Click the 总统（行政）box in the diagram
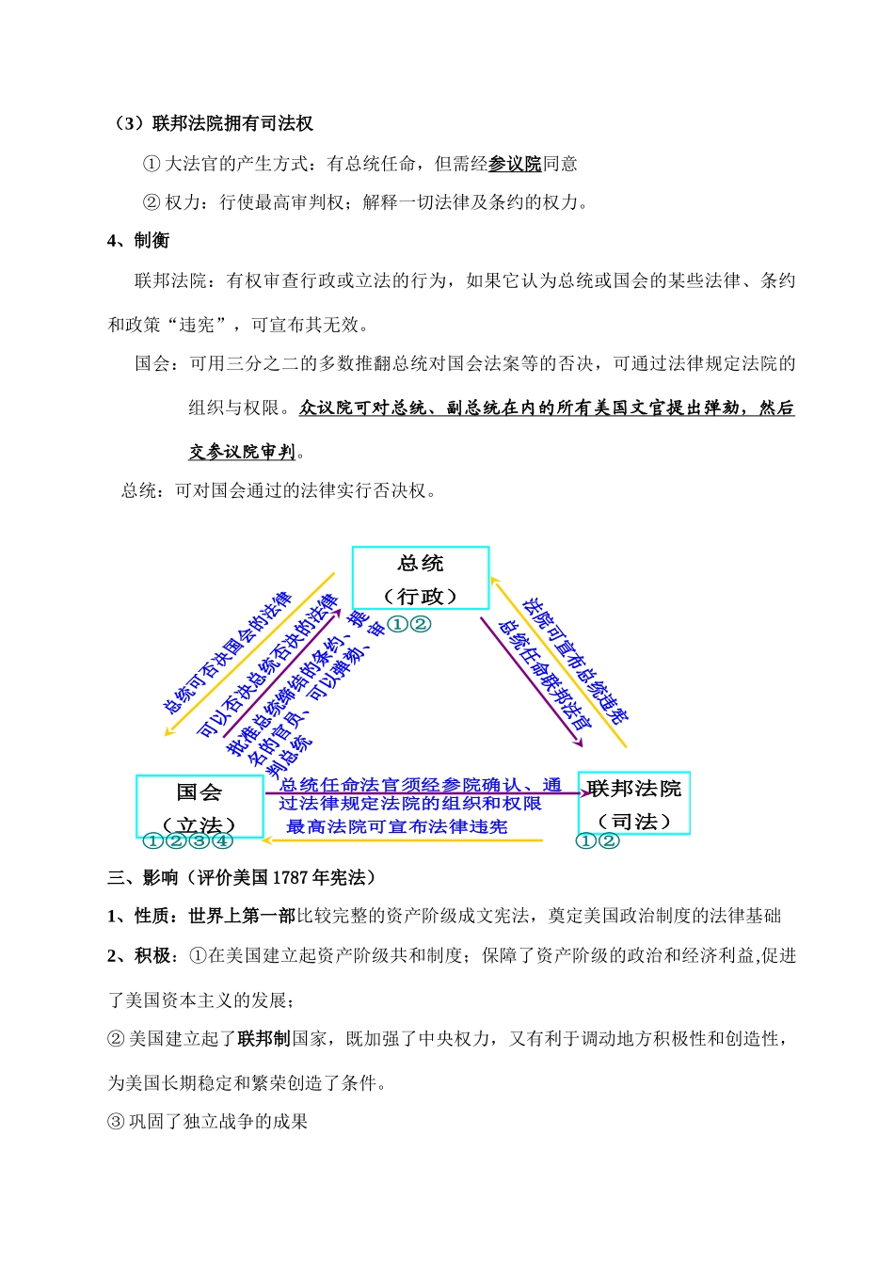click(x=421, y=579)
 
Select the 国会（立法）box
click(x=200, y=806)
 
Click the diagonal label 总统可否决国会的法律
click(x=228, y=652)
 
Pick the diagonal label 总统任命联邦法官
click(x=544, y=675)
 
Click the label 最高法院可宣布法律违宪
click(x=397, y=826)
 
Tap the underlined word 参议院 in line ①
click(x=515, y=164)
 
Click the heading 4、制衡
click(x=138, y=241)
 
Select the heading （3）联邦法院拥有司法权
click(x=213, y=123)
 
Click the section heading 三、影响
click(x=143, y=878)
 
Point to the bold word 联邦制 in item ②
click(x=263, y=1038)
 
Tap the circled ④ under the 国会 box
click(x=223, y=840)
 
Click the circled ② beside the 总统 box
click(x=421, y=624)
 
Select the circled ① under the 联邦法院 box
click(x=585, y=840)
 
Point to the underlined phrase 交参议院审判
click(x=243, y=452)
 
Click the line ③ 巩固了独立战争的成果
click(x=208, y=1121)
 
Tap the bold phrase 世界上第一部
click(x=242, y=916)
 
